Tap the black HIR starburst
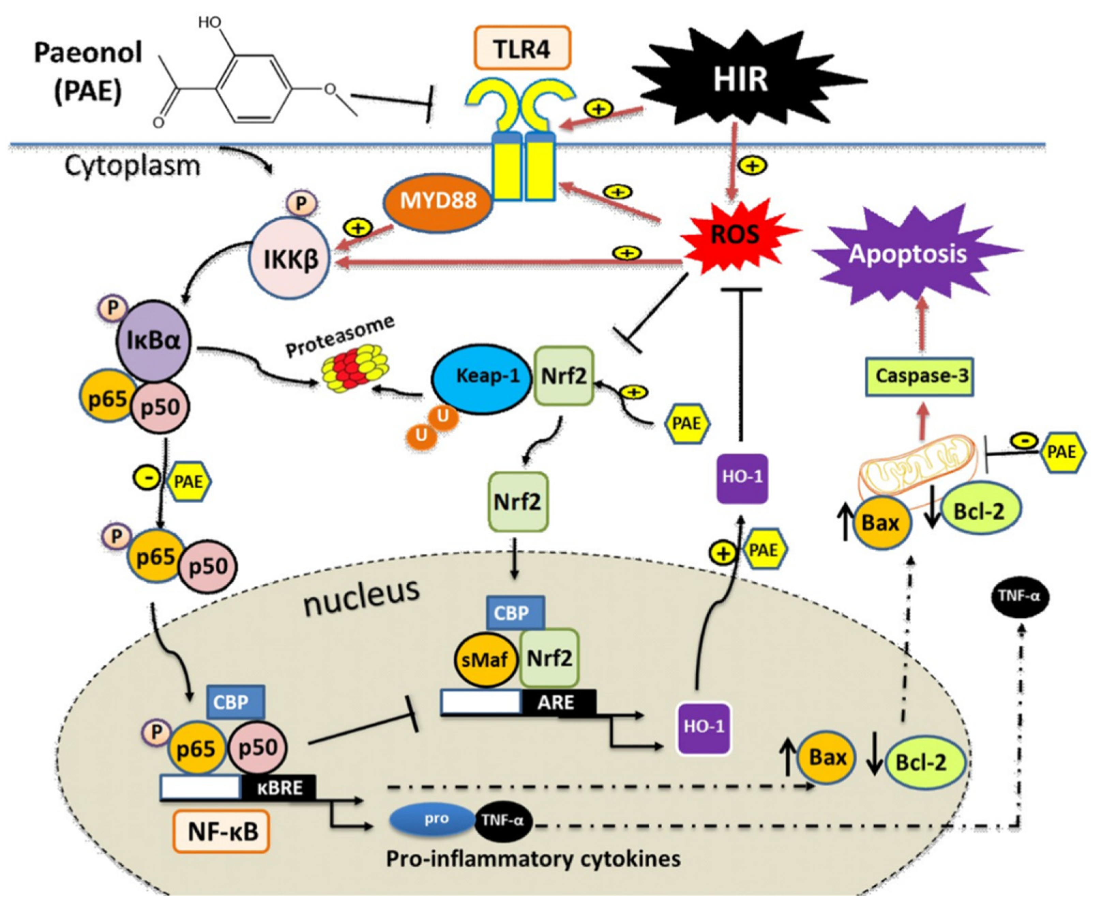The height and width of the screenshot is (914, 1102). click(740, 79)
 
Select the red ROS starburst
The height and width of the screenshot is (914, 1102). click(735, 234)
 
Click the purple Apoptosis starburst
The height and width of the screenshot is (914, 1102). click(907, 254)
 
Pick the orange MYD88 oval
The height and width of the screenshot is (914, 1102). click(438, 201)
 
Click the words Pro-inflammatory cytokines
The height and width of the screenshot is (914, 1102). click(533, 859)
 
